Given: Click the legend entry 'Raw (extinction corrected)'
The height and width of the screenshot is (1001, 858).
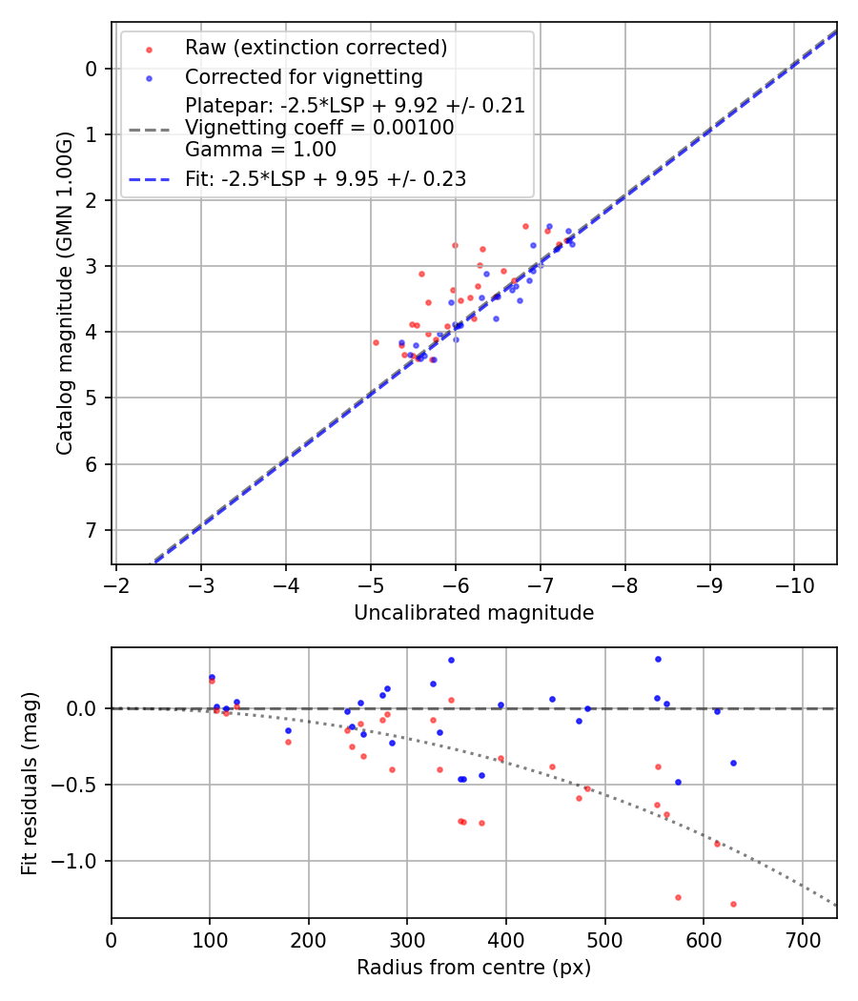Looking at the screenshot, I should (x=316, y=48).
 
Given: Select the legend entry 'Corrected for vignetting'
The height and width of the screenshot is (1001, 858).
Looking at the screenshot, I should (x=303, y=76).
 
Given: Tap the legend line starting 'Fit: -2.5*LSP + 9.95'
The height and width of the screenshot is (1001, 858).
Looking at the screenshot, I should (x=325, y=178).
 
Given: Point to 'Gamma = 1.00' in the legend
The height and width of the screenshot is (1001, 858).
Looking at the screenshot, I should (x=260, y=150).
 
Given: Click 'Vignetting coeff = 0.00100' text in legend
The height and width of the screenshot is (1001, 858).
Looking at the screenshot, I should (x=319, y=128).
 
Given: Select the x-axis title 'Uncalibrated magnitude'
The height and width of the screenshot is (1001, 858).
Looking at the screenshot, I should (x=474, y=613).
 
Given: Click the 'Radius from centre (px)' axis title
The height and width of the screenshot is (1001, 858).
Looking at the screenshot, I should (x=474, y=968).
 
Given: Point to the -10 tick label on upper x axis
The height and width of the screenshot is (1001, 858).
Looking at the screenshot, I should (x=793, y=584).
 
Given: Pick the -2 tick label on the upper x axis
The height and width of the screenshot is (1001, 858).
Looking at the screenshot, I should (x=116, y=584).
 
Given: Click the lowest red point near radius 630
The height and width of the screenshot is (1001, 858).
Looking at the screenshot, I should (x=733, y=904).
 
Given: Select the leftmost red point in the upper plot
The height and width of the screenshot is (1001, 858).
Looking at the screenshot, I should (x=376, y=342).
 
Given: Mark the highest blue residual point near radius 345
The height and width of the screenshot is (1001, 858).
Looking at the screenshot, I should (x=451, y=660).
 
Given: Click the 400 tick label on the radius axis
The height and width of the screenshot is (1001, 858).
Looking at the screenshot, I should (x=506, y=938).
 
